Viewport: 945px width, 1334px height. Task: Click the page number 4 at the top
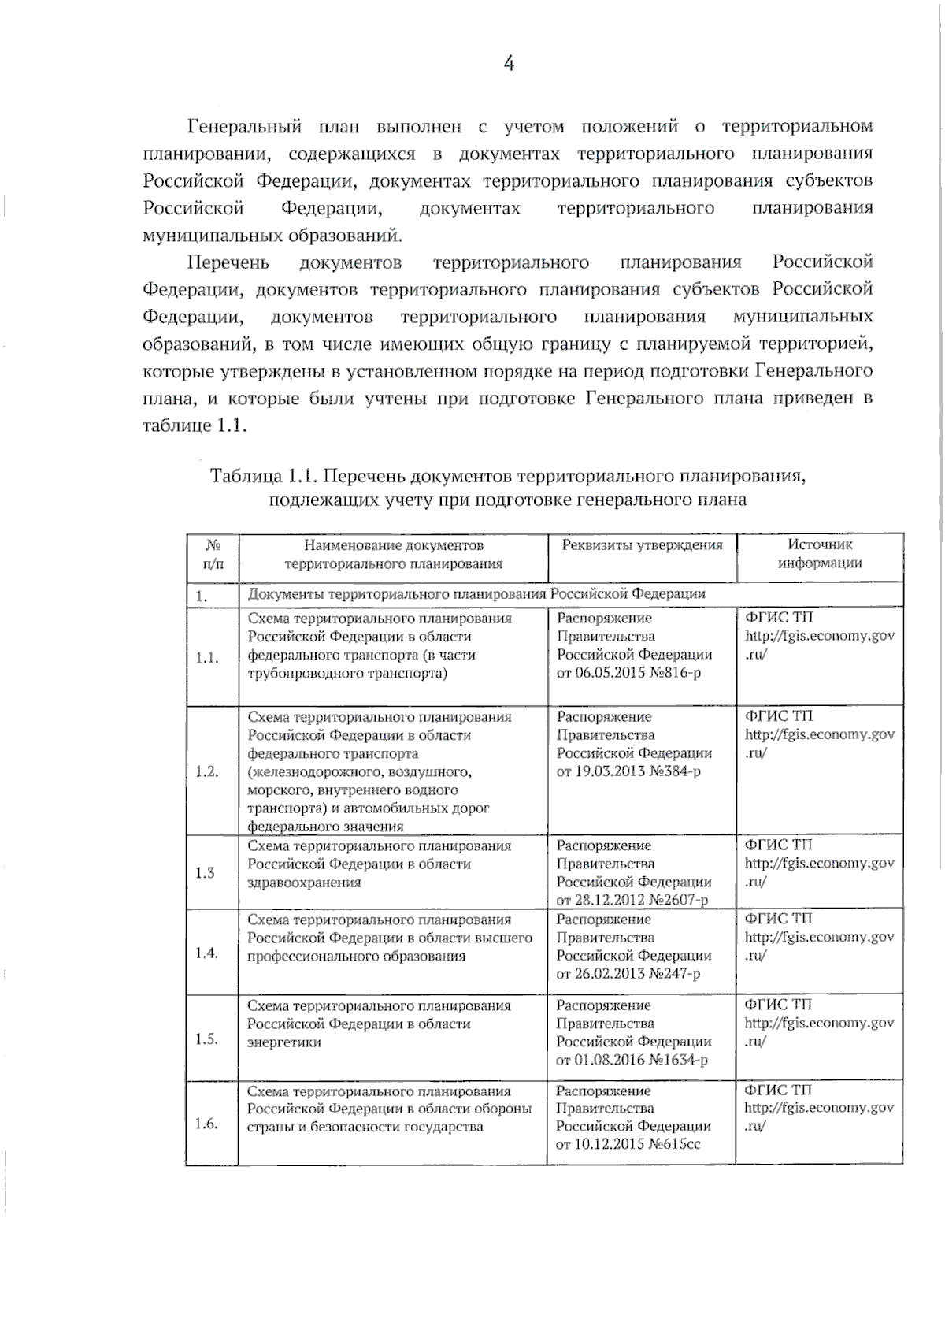point(509,64)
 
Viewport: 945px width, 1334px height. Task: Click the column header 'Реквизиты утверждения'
point(642,545)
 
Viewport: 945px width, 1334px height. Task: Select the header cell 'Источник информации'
point(820,554)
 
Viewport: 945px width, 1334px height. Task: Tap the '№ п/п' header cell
point(213,554)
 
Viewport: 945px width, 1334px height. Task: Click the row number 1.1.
point(207,657)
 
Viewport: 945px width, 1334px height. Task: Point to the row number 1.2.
point(207,771)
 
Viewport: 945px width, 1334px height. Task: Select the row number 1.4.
point(207,953)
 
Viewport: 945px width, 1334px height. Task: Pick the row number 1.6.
point(206,1124)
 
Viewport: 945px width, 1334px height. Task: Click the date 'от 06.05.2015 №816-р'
point(628,673)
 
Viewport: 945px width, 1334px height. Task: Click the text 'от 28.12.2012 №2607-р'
point(632,900)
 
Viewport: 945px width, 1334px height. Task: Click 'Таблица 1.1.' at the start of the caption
point(263,476)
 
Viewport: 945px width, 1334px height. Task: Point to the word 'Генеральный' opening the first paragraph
point(244,127)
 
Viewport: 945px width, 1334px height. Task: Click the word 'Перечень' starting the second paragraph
point(228,262)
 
